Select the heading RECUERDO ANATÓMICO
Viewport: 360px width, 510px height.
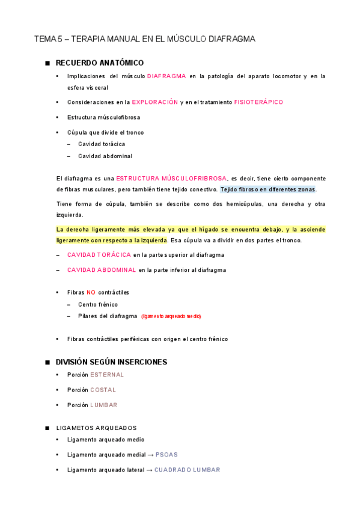(x=100, y=63)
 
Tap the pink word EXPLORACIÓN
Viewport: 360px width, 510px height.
(x=155, y=102)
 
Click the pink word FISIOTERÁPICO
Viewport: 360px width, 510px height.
(x=258, y=102)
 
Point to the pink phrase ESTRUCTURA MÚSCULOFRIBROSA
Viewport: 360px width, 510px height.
(x=171, y=179)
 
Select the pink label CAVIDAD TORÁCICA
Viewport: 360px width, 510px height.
(x=99, y=255)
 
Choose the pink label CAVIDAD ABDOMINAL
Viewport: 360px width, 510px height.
(x=102, y=270)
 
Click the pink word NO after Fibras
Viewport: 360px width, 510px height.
(x=91, y=292)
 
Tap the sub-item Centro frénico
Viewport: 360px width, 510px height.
(x=98, y=304)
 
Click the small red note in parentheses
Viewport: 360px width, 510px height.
(x=171, y=316)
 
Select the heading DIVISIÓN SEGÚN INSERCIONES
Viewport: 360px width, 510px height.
(x=111, y=362)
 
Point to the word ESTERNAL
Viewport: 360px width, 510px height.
(x=107, y=375)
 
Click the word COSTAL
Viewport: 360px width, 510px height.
(x=103, y=390)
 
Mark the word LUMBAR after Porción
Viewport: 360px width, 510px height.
(x=103, y=405)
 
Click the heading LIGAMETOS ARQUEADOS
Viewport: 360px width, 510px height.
(x=96, y=428)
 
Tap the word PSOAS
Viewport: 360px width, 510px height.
(x=166, y=455)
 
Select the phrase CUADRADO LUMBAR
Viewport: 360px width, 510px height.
(x=187, y=470)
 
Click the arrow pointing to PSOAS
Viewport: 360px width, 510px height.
(x=150, y=455)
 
